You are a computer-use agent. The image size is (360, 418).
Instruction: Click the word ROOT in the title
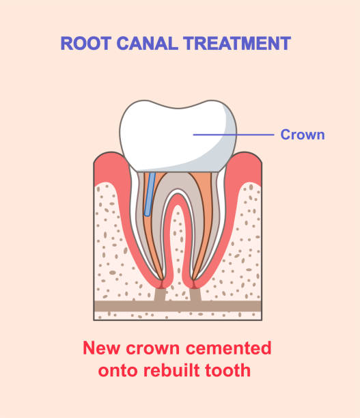85,43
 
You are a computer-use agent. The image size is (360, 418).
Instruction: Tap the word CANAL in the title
147,43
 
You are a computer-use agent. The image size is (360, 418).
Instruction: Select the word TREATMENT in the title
237,43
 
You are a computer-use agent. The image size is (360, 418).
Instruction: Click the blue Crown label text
303,135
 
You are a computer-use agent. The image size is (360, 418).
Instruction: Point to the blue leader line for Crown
234,135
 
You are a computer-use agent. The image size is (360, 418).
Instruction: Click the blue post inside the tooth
150,194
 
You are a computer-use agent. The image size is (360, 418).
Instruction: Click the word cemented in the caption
228,348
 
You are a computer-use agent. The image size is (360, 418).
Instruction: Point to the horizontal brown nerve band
178,306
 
